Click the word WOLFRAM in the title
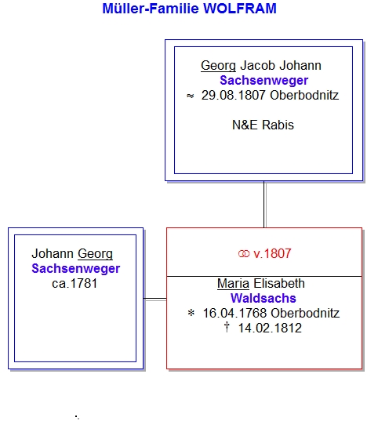240,9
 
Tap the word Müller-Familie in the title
151,9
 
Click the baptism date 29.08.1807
233,96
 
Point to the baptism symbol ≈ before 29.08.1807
190,96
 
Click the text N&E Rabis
264,125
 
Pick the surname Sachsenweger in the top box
264,81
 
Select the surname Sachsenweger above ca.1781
76,269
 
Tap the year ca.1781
75,284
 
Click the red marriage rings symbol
244,254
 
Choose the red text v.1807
272,253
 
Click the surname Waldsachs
264,299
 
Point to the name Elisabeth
279,284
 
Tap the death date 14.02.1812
270,329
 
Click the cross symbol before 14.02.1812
227,327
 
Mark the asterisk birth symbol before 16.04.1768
191,313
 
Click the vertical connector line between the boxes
264,205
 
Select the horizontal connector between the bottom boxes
155,299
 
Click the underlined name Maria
234,284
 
